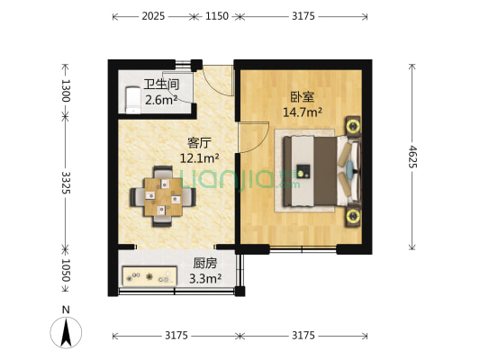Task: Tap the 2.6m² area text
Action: click(161, 100)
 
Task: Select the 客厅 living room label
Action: click(200, 142)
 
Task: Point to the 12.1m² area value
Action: click(198, 158)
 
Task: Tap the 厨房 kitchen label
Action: click(205, 264)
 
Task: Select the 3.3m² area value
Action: click(206, 279)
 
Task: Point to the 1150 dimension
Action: click(217, 17)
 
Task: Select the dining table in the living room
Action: click(163, 193)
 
